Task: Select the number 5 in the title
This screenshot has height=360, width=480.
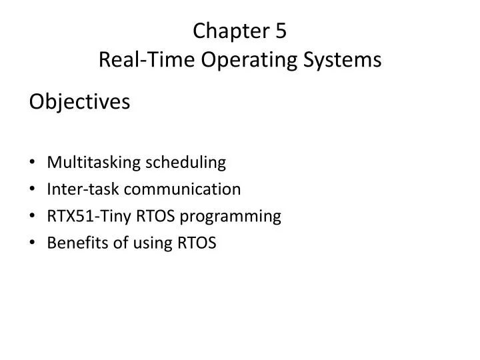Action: (280, 31)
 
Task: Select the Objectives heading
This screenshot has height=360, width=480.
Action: (79, 103)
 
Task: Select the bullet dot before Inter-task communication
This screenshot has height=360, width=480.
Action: (33, 190)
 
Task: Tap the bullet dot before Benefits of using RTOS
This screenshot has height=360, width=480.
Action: (33, 244)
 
